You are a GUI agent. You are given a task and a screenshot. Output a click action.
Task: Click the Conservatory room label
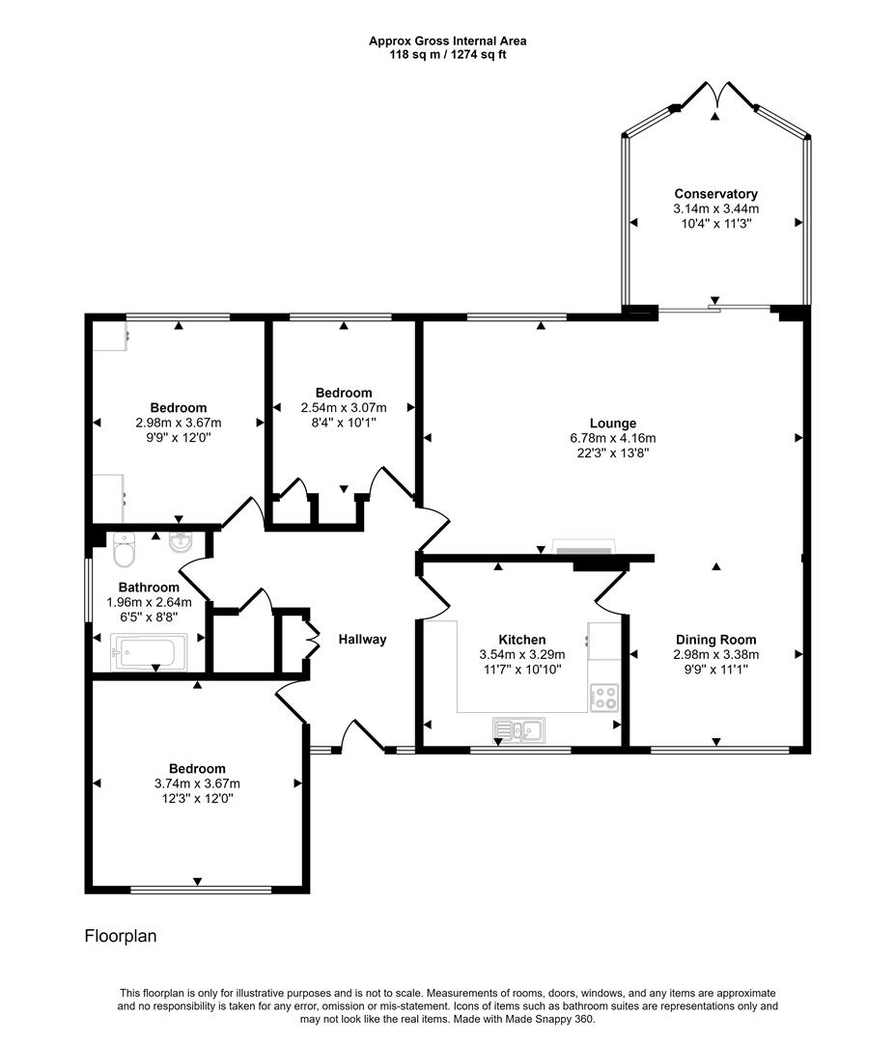click(715, 194)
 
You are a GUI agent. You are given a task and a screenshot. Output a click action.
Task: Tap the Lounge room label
click(613, 424)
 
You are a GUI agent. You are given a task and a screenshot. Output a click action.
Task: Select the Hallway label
click(362, 639)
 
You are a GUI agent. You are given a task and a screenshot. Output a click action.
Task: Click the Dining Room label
click(715, 640)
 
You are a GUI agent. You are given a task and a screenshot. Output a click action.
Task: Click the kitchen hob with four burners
click(604, 697)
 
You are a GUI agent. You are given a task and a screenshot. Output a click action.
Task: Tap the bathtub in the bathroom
click(145, 652)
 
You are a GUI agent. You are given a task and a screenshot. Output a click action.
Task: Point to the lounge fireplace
click(583, 549)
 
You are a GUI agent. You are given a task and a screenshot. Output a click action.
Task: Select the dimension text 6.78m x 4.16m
click(613, 438)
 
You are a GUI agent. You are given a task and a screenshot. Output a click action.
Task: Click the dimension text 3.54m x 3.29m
click(521, 654)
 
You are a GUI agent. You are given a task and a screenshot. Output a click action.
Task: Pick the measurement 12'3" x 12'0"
click(197, 799)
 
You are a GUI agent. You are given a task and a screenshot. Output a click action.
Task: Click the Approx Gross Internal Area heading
click(447, 41)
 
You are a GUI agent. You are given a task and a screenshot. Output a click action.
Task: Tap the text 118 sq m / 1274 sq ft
click(447, 54)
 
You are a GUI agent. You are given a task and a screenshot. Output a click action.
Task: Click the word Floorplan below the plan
click(121, 936)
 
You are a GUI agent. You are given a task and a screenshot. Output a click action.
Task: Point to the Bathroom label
click(149, 588)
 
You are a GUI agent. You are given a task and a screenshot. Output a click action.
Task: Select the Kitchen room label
click(521, 640)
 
